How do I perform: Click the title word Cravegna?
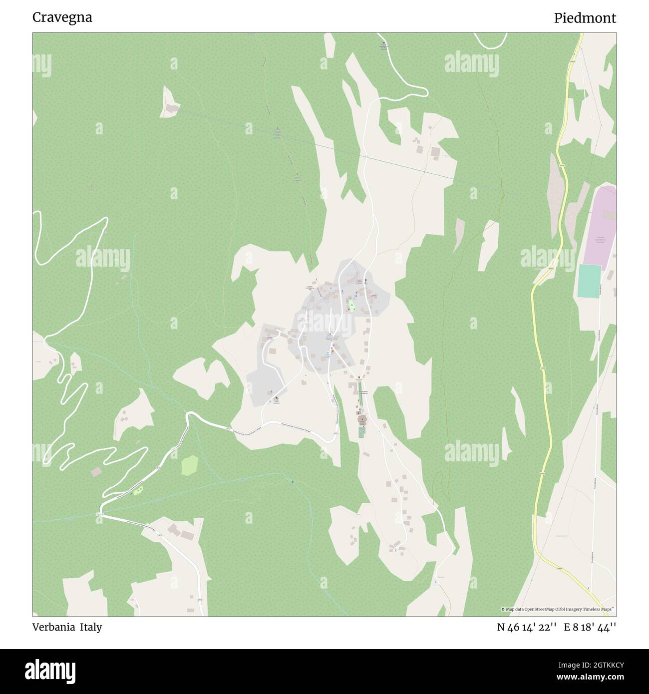[62, 17]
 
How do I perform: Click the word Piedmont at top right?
[585, 18]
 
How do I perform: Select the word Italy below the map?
[92, 627]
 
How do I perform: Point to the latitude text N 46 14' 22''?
[526, 627]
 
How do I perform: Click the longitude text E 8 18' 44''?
[590, 627]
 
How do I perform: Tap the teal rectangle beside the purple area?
[589, 282]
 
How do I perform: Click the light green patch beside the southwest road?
[189, 465]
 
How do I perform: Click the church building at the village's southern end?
[361, 418]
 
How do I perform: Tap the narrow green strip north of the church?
[359, 390]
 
